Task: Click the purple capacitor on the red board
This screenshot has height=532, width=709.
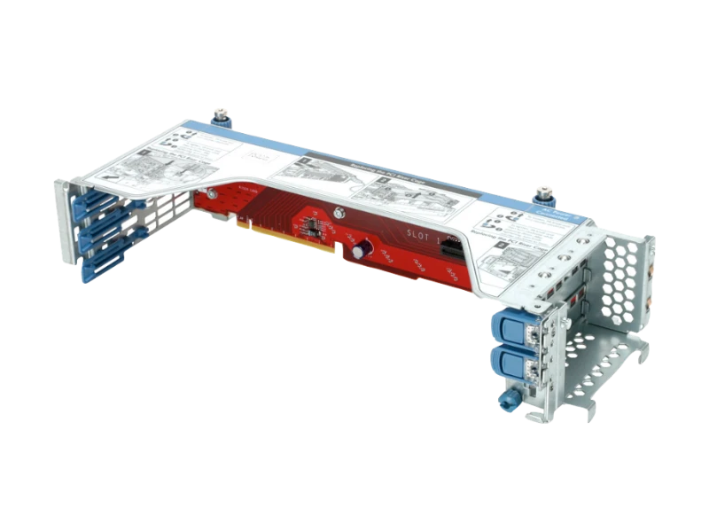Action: [356, 252]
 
